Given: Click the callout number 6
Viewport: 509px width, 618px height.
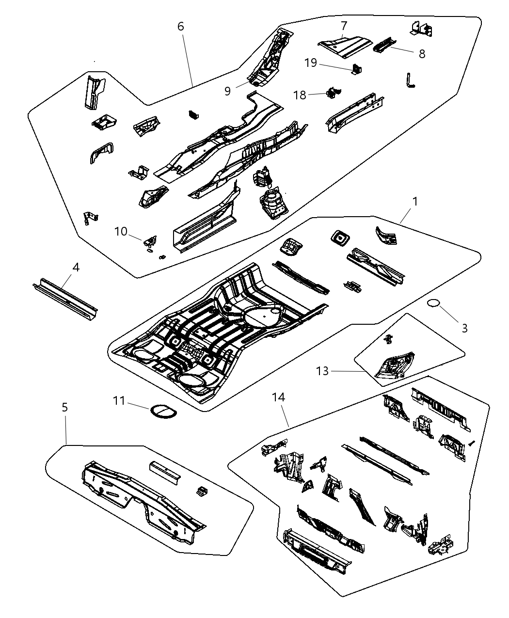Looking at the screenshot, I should click(x=180, y=26).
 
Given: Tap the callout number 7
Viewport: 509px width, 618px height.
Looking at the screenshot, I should click(x=344, y=25).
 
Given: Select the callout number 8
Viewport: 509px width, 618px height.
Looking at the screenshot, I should click(x=422, y=54).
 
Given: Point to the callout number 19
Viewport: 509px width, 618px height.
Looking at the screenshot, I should click(x=311, y=63).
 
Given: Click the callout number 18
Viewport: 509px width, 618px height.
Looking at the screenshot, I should click(x=300, y=95).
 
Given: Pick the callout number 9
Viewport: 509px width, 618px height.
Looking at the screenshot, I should click(x=228, y=91).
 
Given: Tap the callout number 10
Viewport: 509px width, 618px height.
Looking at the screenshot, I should click(x=121, y=232).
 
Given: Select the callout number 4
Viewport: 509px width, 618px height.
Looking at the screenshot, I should click(x=76, y=267).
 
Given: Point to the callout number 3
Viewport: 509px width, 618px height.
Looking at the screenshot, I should click(x=464, y=328).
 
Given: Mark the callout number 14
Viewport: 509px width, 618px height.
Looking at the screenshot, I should click(x=278, y=397).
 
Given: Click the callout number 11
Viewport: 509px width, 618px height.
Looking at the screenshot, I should click(x=119, y=401).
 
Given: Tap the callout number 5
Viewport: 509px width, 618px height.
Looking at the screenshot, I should click(x=64, y=408).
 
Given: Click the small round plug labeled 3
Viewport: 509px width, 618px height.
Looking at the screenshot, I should click(x=433, y=303).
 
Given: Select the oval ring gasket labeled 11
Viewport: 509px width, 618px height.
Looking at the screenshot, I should click(x=162, y=411).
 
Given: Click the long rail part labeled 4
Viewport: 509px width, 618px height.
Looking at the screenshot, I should click(x=65, y=296).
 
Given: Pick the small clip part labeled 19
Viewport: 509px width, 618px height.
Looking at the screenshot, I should click(x=356, y=69).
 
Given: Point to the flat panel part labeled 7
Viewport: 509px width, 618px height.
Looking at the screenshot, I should click(x=344, y=45).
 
